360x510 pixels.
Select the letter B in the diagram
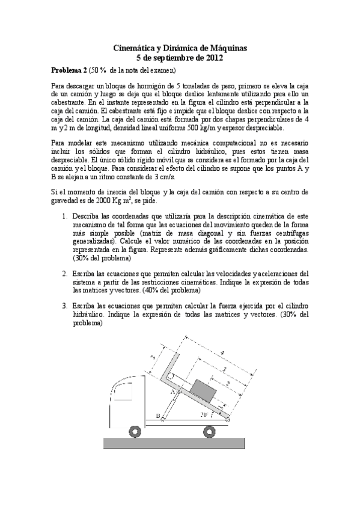click(157, 416)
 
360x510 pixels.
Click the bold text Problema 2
click(69, 70)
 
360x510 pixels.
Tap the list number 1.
click(65, 215)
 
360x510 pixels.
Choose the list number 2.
click(65, 272)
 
